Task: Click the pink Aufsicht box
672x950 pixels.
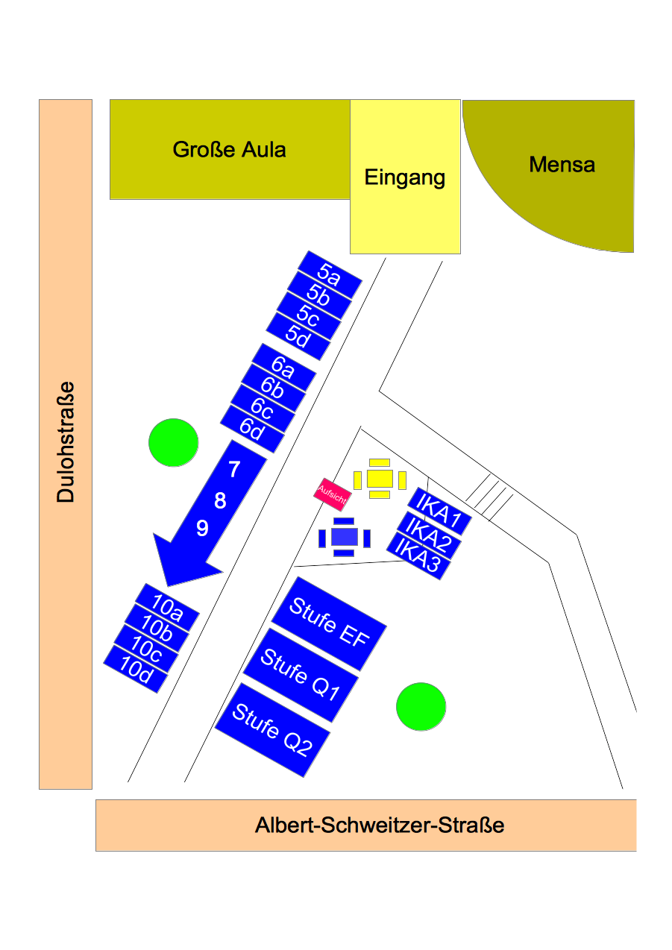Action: (x=331, y=494)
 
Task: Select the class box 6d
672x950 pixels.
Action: (x=253, y=429)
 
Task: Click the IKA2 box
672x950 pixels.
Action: (x=424, y=533)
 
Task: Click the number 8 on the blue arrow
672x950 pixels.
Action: (x=220, y=501)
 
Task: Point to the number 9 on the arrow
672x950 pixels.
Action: (x=202, y=529)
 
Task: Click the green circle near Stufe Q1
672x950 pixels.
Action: (x=421, y=706)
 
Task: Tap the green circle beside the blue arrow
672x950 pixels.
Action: (x=173, y=442)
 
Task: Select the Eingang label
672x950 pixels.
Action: (x=405, y=177)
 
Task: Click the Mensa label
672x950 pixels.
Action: (x=562, y=164)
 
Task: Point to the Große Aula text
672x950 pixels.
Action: (x=229, y=149)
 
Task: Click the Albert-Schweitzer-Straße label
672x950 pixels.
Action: (x=380, y=825)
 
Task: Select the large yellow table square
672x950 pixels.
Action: (x=380, y=478)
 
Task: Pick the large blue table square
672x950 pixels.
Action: (x=344, y=535)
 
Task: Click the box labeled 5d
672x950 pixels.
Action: (x=298, y=337)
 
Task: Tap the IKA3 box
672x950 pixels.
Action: (x=418, y=556)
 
